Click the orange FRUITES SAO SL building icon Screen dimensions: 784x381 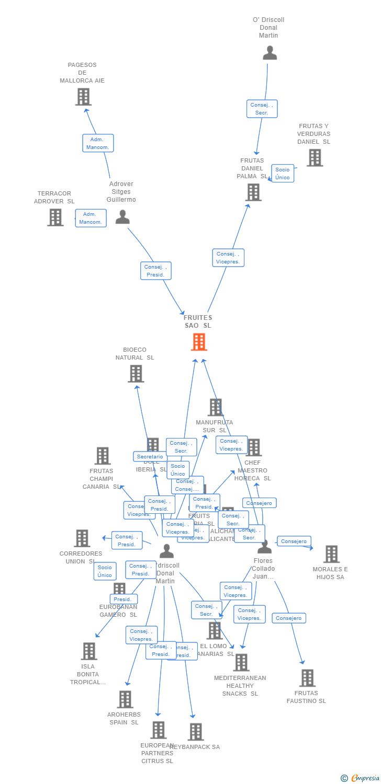(199, 342)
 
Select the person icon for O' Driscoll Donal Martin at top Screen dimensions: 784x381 (270, 53)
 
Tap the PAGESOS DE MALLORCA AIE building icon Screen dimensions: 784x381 (83, 97)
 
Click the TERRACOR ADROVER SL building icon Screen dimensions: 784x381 (55, 217)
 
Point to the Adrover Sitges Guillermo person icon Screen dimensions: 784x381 (122, 217)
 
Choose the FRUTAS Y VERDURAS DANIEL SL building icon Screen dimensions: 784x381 (315, 157)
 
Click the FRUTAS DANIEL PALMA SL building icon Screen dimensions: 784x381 (253, 192)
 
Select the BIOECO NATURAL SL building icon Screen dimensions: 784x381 (136, 374)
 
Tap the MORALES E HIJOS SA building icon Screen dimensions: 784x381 (331, 554)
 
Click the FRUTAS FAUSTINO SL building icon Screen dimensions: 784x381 (307, 678)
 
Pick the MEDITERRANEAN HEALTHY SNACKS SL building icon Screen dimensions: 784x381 (241, 662)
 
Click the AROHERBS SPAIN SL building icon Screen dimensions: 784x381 (125, 699)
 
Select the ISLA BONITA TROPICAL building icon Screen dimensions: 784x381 (89, 651)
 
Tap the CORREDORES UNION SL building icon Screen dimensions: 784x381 (82, 538)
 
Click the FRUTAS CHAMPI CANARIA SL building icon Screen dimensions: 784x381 (103, 456)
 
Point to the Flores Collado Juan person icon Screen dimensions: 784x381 (265, 547)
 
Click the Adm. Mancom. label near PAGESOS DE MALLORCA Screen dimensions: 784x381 (98, 143)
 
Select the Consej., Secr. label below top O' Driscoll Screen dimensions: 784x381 (262, 109)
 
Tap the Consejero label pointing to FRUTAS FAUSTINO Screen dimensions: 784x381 (289, 618)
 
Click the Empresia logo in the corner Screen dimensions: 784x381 (361, 778)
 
